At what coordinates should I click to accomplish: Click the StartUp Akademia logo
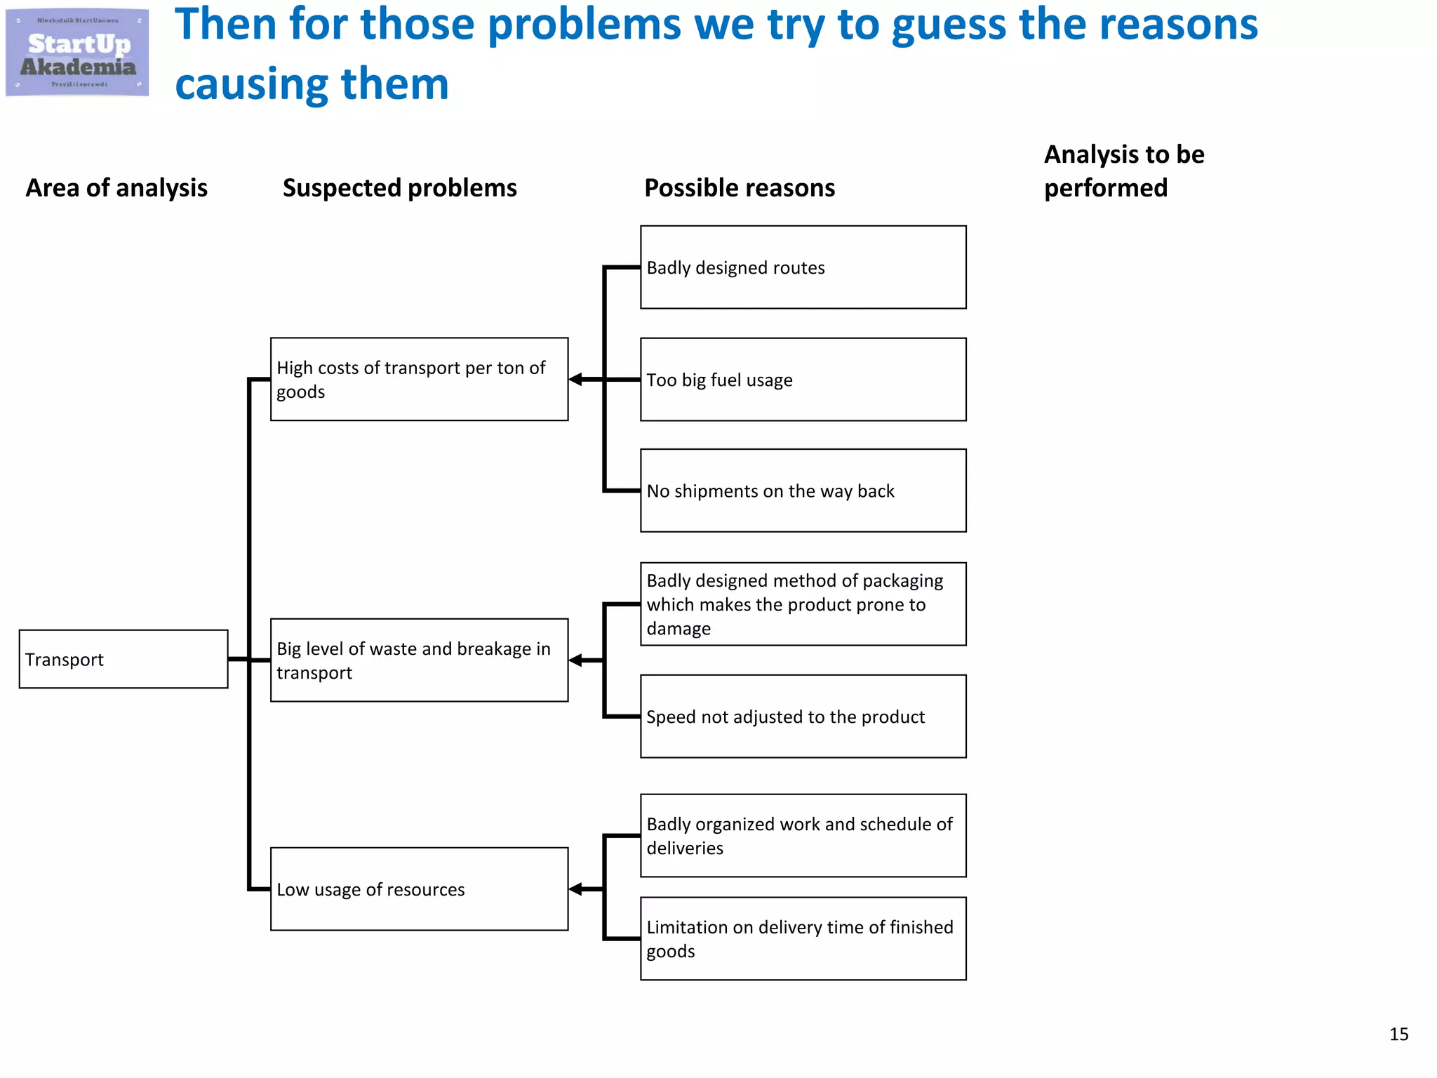[77, 53]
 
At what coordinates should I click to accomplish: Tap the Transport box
[123, 659]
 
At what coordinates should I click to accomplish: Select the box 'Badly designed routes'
[803, 267]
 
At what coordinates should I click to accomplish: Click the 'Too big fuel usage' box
[803, 380]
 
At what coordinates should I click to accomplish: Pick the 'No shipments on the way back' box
[803, 491]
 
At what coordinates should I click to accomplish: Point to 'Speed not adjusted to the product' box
[803, 717]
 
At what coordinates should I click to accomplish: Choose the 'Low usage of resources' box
[419, 889]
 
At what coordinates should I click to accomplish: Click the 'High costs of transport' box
[419, 380]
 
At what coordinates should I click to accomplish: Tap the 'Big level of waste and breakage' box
[419, 660]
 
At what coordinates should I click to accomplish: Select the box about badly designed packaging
[803, 604]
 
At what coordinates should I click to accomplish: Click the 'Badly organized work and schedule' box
[803, 836]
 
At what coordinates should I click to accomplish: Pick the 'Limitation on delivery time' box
[803, 939]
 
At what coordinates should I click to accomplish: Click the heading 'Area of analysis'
[116, 188]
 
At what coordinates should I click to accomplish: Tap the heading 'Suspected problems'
[399, 188]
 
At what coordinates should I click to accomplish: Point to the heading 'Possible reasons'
[740, 188]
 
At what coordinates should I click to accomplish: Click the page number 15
[1398, 1034]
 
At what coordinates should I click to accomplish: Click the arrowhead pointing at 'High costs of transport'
[576, 380]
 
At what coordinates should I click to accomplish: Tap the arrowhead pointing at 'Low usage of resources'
[576, 889]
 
